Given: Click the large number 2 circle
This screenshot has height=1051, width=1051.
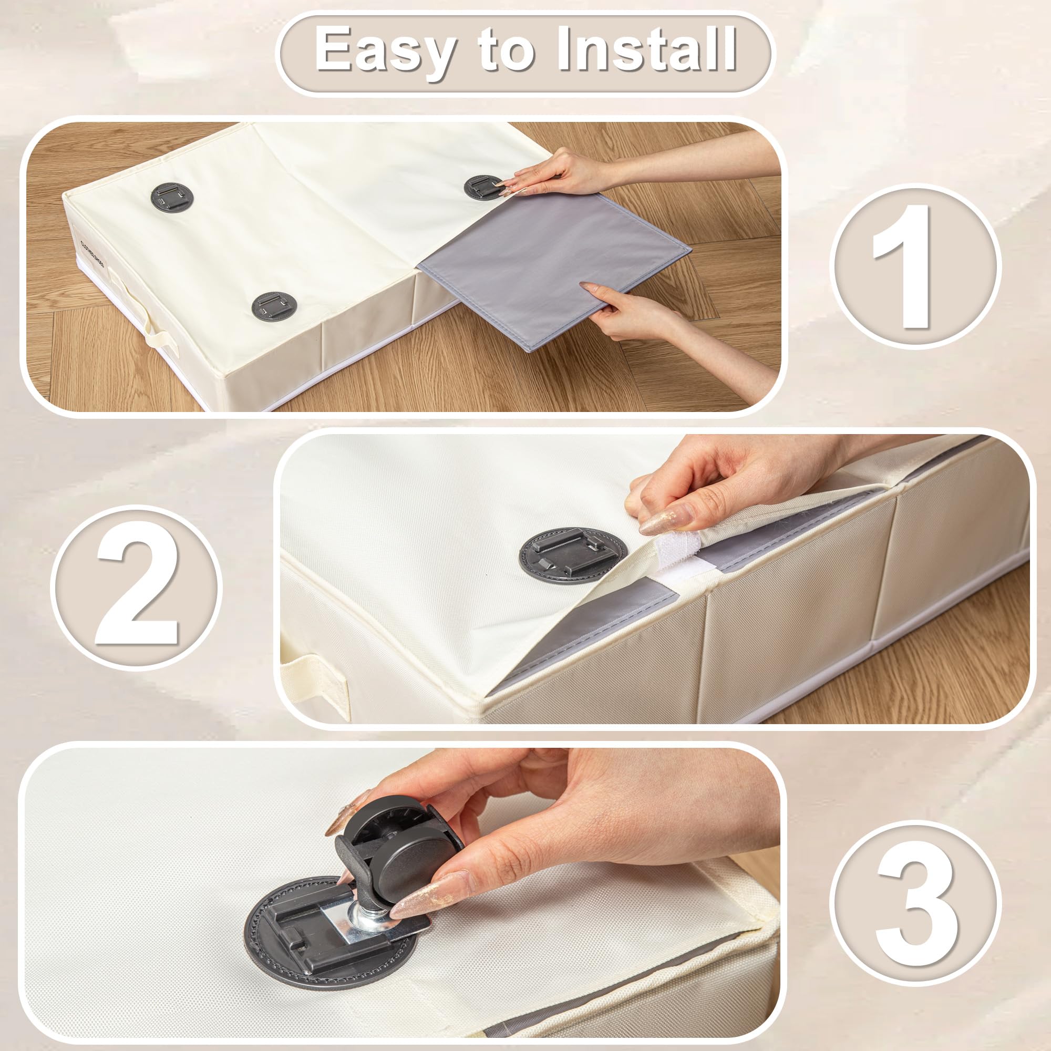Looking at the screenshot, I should pos(137,588).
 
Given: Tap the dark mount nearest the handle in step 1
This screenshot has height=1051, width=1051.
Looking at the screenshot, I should pos(170,197).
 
